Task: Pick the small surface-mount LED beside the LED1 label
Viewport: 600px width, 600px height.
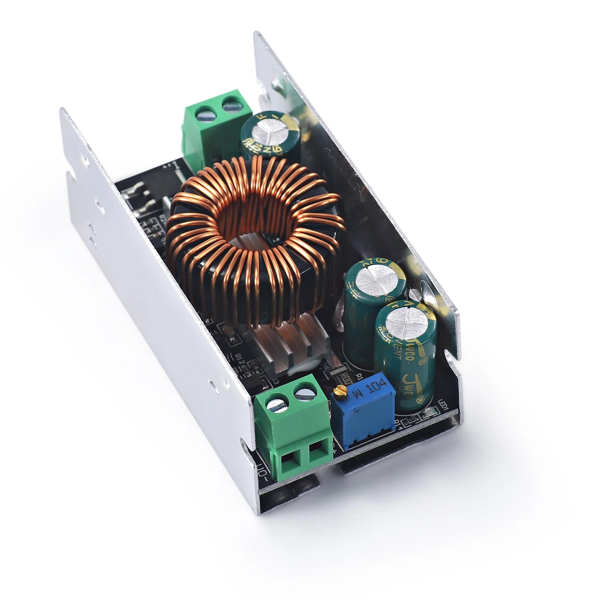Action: tap(429, 412)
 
